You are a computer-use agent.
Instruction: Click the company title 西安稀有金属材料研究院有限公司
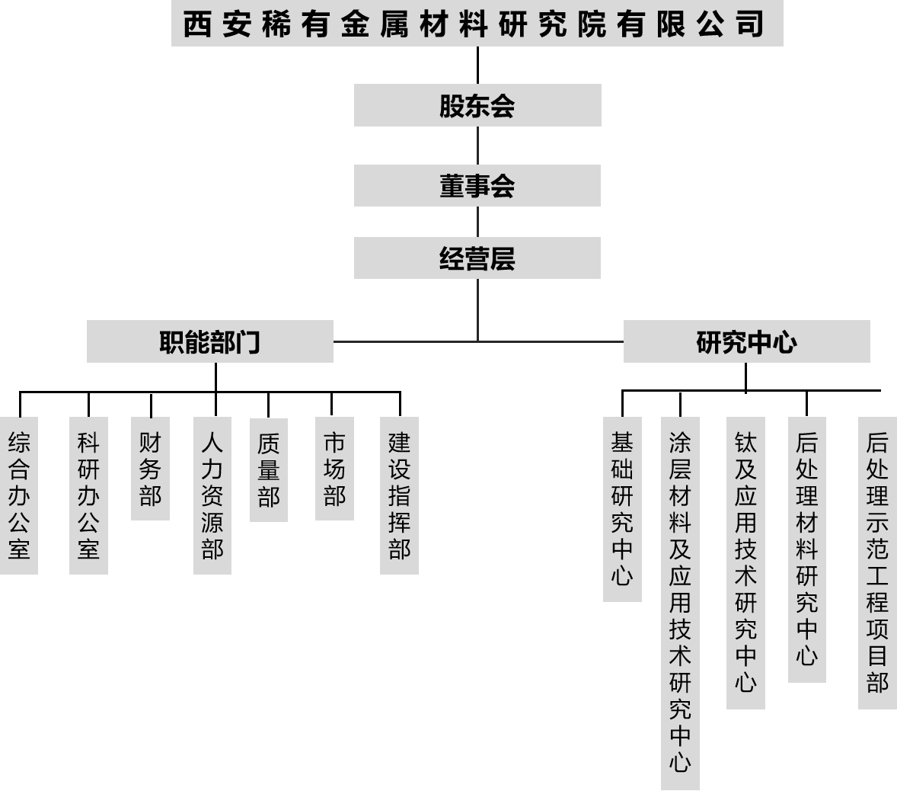(477, 24)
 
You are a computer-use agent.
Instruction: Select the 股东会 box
(477, 105)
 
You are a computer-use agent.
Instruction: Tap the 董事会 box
(477, 185)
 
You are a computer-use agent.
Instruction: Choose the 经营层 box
(477, 258)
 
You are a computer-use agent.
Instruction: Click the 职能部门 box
(210, 341)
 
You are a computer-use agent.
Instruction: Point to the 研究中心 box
(746, 341)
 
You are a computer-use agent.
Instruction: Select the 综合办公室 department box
(19, 495)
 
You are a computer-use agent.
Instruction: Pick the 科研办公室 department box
(88, 495)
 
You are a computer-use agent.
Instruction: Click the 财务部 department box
(150, 469)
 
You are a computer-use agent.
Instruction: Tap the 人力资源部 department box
(212, 495)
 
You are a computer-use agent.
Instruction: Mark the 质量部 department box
(269, 469)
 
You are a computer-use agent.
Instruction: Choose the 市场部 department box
(334, 469)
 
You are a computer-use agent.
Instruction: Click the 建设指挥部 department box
(399, 495)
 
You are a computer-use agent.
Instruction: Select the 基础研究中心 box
(622, 509)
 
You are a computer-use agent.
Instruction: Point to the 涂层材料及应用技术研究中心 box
(680, 603)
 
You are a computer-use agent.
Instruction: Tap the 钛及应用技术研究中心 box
(745, 562)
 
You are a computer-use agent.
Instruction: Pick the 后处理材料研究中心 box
(807, 549)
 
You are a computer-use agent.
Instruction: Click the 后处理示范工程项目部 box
(877, 562)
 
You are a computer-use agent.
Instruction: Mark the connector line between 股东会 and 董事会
(477, 146)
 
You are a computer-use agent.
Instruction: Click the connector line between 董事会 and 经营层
(477, 222)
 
